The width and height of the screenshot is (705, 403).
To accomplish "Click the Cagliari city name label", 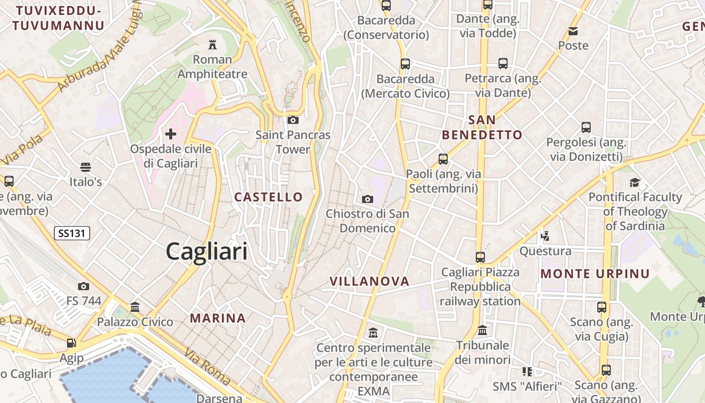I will pos(206,251).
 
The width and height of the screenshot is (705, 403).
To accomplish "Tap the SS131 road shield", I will pos(72,233).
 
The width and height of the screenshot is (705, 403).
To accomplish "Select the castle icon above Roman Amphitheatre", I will pos(213,45).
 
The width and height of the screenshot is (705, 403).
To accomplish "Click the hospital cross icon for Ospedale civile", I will pos(171,134).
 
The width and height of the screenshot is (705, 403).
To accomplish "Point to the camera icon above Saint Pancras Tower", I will pos(293,120).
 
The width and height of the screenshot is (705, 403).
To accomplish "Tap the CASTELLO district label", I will pos(268,197).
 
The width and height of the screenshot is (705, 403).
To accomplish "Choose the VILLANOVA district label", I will pos(369,281).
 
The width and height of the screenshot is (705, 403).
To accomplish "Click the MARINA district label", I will pos(218,318).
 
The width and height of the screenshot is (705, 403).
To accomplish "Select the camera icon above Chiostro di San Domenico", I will pos(368,199).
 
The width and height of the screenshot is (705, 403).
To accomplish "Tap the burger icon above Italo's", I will pos(86,167).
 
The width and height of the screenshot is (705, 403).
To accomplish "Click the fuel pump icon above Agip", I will pos(72,343).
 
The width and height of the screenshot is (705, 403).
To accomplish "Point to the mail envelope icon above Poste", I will pos(573,31).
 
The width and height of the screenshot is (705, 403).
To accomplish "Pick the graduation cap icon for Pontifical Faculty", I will pos(634,182).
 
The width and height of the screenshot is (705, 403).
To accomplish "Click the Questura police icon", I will pos(545,236).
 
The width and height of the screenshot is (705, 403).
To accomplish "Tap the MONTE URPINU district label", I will pos(595,274).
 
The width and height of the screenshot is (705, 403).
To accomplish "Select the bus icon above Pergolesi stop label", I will pos(586,127).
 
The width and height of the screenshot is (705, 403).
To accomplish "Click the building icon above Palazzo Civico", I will pos(134,307).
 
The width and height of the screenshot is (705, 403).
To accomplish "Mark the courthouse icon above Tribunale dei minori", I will pos(482,330).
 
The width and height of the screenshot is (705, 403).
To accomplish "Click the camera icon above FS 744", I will pos(84,286).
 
